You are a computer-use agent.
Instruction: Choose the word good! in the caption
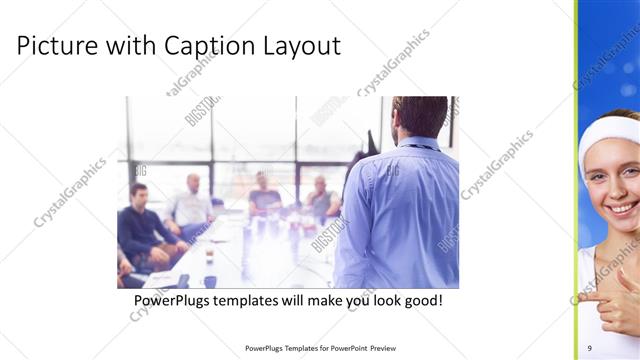421,301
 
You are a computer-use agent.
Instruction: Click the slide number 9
590,347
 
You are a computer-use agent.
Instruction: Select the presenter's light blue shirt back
400,210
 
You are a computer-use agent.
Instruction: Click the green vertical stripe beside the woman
576,180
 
